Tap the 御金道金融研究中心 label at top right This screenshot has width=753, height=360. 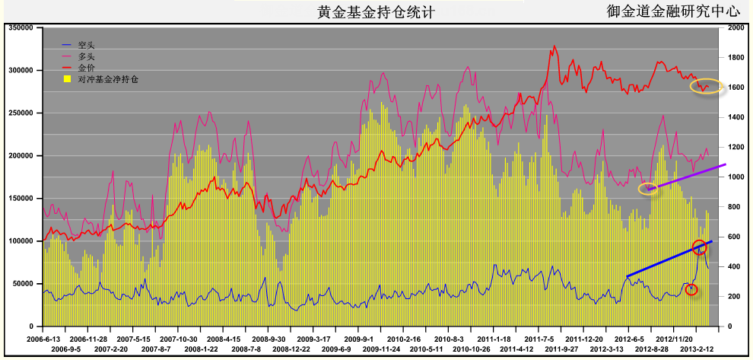(x=673, y=11)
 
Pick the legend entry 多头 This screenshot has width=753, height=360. (x=86, y=57)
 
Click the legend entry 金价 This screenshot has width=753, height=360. (x=86, y=68)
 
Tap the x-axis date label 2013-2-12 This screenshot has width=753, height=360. (x=696, y=348)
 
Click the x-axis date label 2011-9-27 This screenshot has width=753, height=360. (x=564, y=348)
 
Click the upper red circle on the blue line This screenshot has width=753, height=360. (x=700, y=247)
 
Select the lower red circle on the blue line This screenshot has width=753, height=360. (x=691, y=289)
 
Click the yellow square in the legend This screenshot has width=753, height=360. (x=67, y=78)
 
